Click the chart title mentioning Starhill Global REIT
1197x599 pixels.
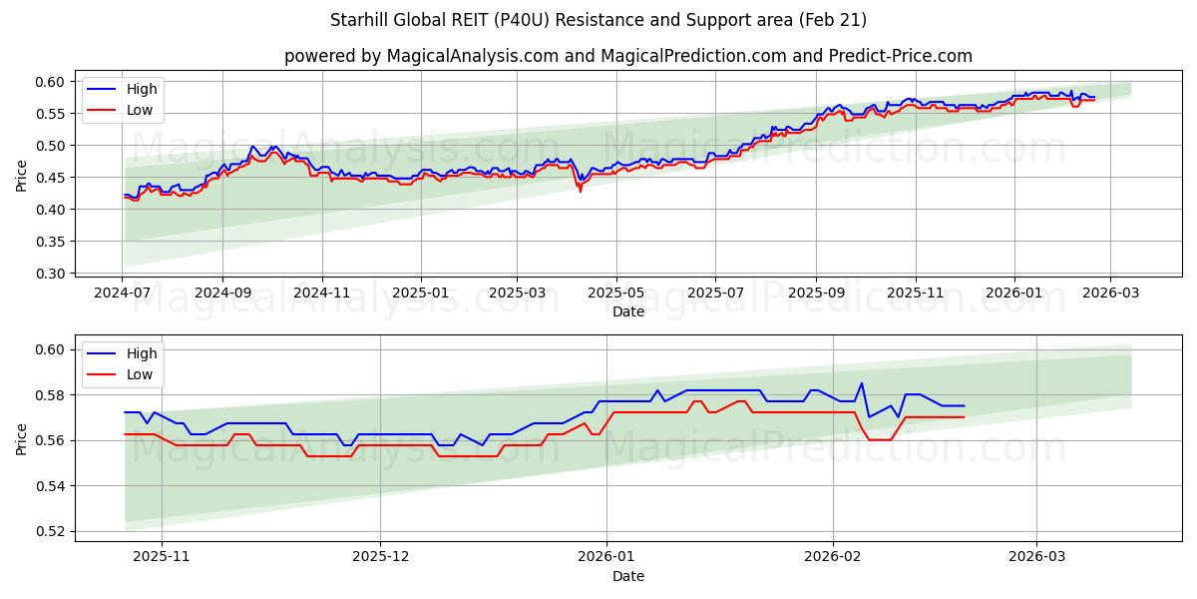coord(598,20)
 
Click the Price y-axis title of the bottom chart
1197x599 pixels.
coord(22,440)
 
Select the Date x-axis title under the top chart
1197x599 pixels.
coord(628,311)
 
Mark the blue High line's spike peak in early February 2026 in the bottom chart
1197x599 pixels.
coord(862,383)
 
